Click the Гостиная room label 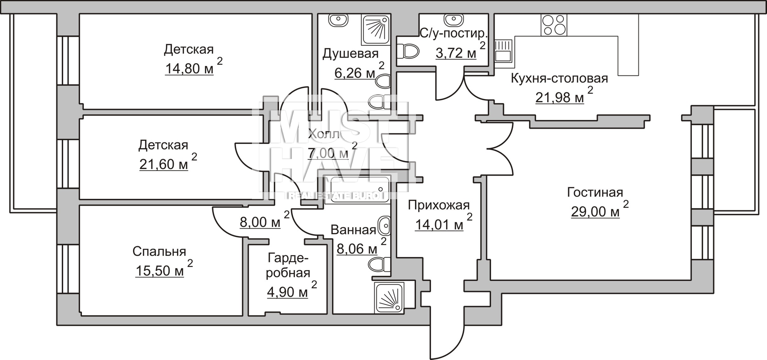[595, 193]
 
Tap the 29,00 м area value [595, 211]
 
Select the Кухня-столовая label [559, 78]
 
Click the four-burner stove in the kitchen [554, 25]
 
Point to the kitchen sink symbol [503, 51]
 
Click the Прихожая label [439, 205]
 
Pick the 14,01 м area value [439, 225]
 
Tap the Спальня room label [159, 251]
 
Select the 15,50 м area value [160, 271]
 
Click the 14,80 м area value [189, 69]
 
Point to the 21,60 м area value [164, 164]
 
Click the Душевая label [350, 54]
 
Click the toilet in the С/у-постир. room [407, 51]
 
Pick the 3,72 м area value [456, 53]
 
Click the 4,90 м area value [288, 292]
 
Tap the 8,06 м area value [357, 249]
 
